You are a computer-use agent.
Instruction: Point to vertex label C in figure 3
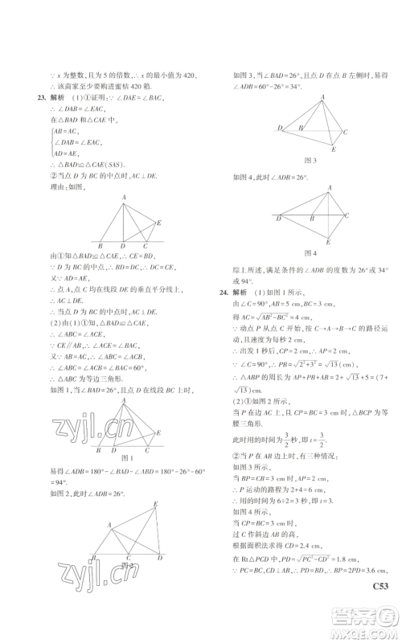[x=345, y=131]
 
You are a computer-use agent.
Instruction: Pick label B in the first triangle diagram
[x=98, y=247]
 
